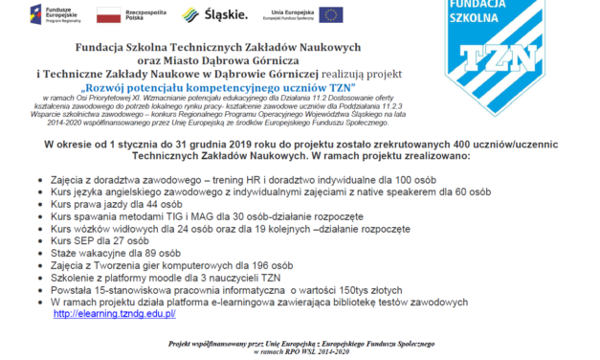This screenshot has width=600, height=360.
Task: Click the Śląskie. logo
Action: (215, 15)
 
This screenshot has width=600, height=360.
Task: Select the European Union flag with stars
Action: (331, 14)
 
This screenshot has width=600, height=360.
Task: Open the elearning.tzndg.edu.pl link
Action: (114, 313)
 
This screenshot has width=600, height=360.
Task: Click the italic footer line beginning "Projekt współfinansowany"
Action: (301, 343)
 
